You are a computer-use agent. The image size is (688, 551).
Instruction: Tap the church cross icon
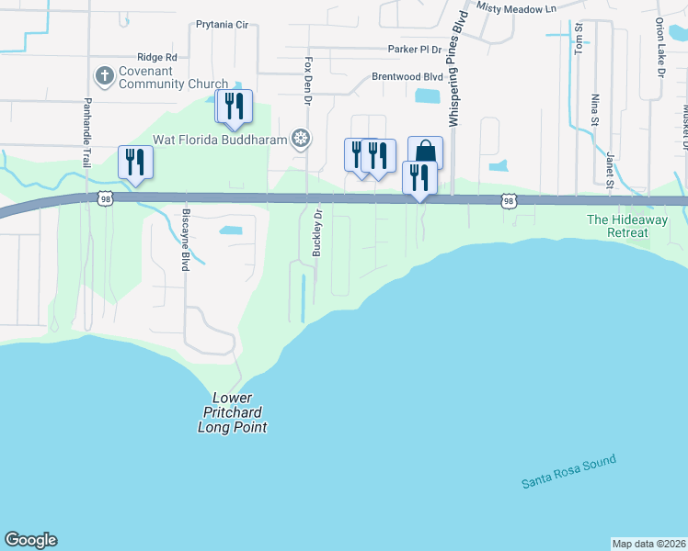coord(105,73)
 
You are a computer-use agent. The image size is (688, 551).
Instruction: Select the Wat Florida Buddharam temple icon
coord(300,139)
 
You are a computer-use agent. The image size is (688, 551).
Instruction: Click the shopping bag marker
coord(425,153)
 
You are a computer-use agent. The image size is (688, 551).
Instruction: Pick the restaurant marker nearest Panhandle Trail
coord(135,163)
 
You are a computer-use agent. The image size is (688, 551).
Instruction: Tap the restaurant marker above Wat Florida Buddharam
coord(235,107)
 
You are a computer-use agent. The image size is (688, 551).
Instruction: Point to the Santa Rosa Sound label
coord(568,472)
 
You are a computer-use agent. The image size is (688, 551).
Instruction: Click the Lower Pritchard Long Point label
coord(234,412)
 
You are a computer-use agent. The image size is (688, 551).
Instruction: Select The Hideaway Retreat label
coord(630,226)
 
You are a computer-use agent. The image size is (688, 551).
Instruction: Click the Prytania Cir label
coord(223,25)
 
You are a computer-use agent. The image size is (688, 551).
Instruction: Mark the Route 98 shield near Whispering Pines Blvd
coord(509,199)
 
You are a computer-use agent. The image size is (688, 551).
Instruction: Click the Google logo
coord(30,540)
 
